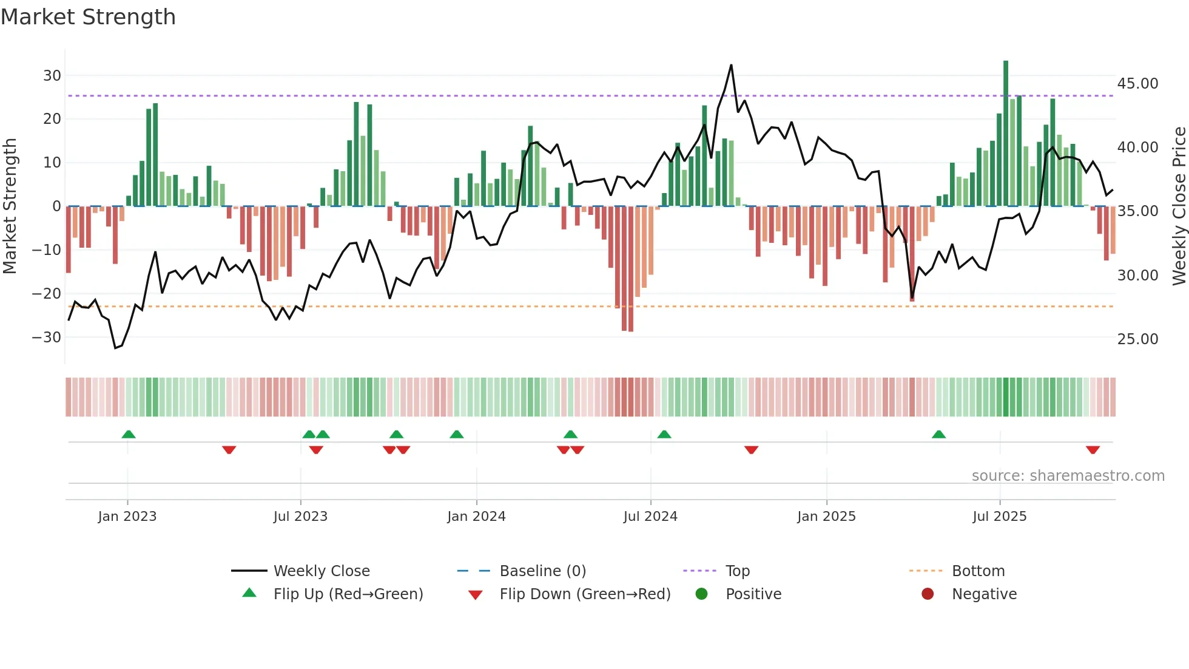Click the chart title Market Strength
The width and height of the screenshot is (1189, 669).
[x=89, y=17]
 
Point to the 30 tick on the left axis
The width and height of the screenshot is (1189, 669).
[x=52, y=76]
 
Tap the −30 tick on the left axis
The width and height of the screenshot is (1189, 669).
[x=47, y=338]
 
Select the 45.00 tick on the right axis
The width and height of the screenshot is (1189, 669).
[x=1137, y=83]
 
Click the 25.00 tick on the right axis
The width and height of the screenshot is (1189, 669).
[x=1137, y=339]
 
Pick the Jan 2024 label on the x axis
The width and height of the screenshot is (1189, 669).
[x=476, y=517]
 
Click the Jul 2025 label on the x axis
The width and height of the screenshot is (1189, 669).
[x=999, y=517]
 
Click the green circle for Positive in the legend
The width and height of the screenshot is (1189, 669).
[x=702, y=594]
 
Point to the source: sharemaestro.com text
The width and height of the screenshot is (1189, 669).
[x=1068, y=476]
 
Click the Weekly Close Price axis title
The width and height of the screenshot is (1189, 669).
[x=1179, y=206]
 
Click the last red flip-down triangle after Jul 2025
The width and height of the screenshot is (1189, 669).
[x=1093, y=450]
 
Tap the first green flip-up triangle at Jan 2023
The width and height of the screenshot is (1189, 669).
[x=129, y=434]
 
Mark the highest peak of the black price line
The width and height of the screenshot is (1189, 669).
[x=731, y=65]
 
